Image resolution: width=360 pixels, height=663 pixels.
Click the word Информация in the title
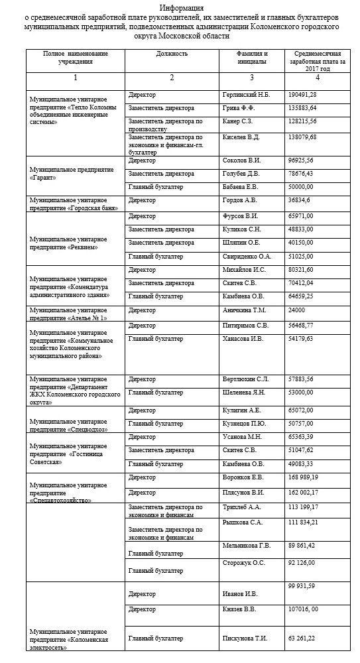[x=180, y=7]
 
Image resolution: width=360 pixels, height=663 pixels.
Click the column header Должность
[x=174, y=53]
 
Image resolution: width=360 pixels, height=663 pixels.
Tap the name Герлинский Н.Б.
[x=246, y=95]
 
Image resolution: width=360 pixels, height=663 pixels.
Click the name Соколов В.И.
[x=242, y=161]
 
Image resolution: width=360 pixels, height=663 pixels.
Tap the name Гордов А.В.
[x=240, y=200]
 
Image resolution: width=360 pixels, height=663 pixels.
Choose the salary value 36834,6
[x=300, y=200]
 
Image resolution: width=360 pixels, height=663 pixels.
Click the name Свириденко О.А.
[x=247, y=256]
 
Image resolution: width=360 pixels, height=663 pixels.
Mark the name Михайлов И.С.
[x=245, y=271]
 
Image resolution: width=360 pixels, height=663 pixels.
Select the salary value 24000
[x=296, y=310]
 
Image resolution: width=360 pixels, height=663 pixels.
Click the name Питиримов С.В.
[x=245, y=326]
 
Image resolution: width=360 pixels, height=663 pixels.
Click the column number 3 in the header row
[x=251, y=78]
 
